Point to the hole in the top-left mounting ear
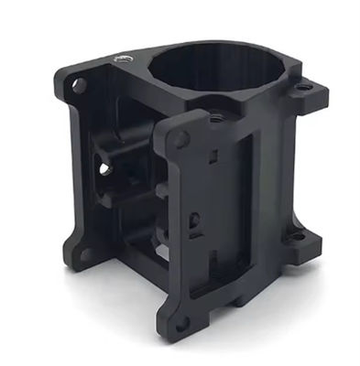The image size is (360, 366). (x=79, y=85)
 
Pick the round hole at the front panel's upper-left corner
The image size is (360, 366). (x=181, y=139)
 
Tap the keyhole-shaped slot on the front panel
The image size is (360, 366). (x=194, y=222)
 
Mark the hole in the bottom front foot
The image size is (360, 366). (x=183, y=322)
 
